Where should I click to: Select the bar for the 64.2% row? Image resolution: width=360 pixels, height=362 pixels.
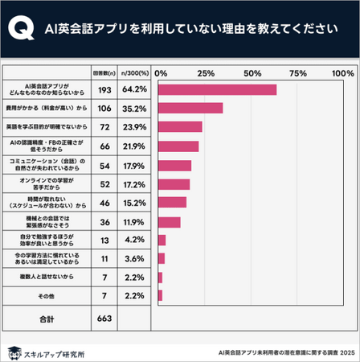(x=217, y=89)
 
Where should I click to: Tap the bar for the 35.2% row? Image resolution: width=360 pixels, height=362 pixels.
(x=190, y=108)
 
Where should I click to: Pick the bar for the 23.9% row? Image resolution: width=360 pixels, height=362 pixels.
(x=180, y=127)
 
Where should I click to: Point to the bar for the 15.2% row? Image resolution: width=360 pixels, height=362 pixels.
(x=172, y=203)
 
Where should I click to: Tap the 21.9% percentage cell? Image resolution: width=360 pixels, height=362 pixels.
(x=134, y=146)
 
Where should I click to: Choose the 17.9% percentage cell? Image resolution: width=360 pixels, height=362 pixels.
(x=134, y=165)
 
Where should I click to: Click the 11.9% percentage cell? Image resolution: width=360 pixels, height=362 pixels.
(x=134, y=221)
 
